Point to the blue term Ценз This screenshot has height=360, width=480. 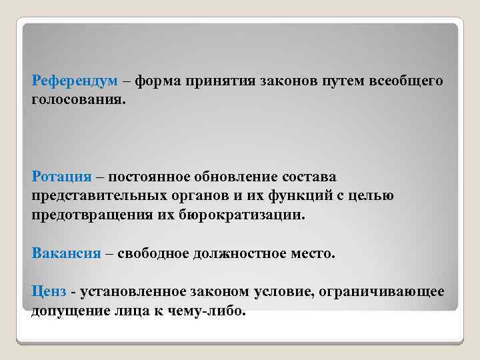pos(51,292)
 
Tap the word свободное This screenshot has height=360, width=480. pos(147,254)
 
